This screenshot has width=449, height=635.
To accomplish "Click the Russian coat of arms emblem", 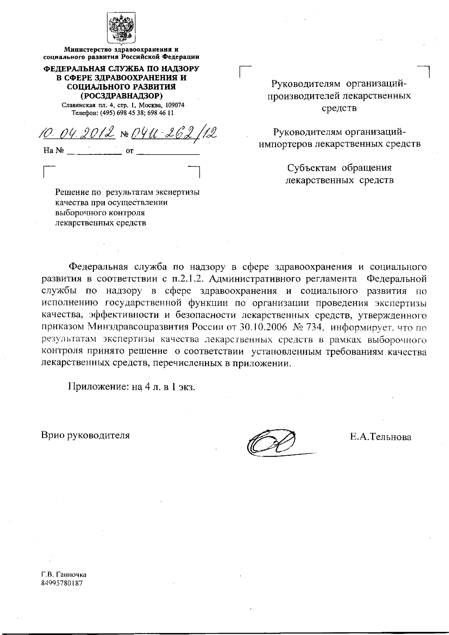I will [121, 28].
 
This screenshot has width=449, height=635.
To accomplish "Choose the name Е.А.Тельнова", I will [380, 437].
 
